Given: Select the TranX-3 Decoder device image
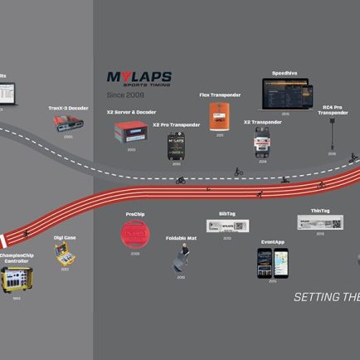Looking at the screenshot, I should pyautogui.click(x=67, y=123).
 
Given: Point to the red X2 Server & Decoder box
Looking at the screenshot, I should pyautogui.click(x=131, y=131).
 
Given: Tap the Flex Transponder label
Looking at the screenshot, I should pyautogui.click(x=219, y=95).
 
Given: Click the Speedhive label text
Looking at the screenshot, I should pyautogui.click(x=285, y=72).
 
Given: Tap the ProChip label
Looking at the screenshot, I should pyautogui.click(x=134, y=214).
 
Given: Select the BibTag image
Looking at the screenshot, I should pyautogui.click(x=226, y=226).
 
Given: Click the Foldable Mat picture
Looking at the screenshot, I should pyautogui.click(x=181, y=259).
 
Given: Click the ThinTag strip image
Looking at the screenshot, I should pyautogui.click(x=320, y=222).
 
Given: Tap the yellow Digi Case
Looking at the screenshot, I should pyautogui.click(x=65, y=254).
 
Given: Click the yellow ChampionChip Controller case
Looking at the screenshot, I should pyautogui.click(x=17, y=281).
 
